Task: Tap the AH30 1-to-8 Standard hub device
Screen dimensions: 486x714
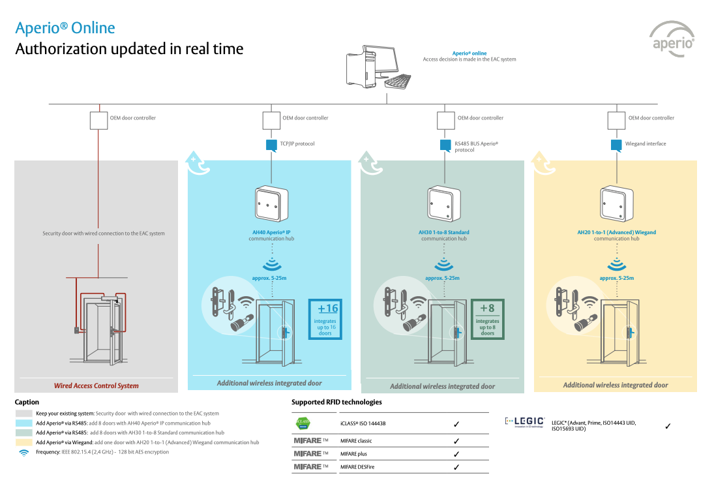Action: [443, 203]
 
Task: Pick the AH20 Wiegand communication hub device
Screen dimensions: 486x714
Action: [616, 203]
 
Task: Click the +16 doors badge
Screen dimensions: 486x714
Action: [325, 319]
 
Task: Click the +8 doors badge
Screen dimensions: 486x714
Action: [488, 319]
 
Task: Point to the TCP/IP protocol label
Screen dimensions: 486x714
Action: [297, 144]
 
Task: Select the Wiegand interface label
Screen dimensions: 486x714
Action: [646, 144]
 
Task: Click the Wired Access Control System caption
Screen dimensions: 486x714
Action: [97, 386]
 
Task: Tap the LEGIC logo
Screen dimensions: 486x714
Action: [526, 422]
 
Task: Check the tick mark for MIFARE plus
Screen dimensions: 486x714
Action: [456, 454]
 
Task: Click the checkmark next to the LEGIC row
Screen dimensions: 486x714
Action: [668, 426]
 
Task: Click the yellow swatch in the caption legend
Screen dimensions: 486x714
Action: [24, 442]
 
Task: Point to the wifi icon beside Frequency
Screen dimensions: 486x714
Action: [24, 452]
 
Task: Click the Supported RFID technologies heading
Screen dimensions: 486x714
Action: [336, 402]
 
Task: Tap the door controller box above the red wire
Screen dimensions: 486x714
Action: [98, 120]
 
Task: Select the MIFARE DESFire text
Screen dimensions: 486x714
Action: [357, 467]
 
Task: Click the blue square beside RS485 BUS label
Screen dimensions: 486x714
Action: [445, 145]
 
